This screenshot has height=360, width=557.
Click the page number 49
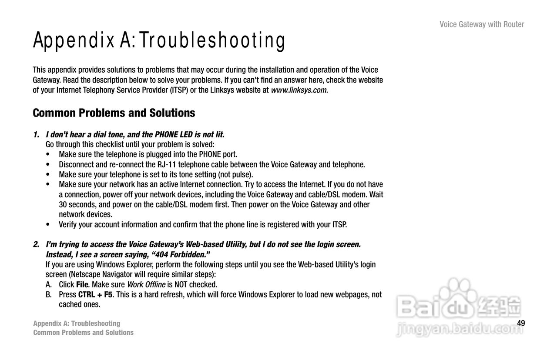(x=521, y=323)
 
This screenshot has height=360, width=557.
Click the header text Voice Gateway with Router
(x=482, y=24)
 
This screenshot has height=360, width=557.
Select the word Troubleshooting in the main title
(x=212, y=40)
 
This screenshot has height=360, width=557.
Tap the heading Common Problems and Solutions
(x=114, y=113)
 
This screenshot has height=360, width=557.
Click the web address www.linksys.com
(x=299, y=90)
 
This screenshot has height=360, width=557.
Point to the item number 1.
(x=36, y=134)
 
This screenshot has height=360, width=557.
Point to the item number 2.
(x=36, y=244)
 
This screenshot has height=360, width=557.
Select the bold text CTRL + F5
(x=95, y=294)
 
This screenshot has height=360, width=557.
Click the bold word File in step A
(x=82, y=284)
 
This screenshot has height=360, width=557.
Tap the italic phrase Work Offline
(x=146, y=284)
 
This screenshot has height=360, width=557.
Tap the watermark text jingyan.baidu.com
(x=460, y=329)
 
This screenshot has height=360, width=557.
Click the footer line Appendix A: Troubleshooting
(x=77, y=323)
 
